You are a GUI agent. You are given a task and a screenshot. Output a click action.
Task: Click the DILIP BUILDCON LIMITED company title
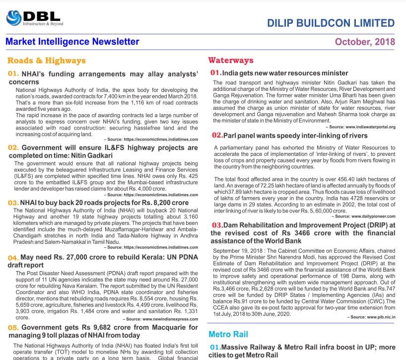[x=331, y=23]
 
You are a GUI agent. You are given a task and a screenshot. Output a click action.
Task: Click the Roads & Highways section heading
[x=46, y=61]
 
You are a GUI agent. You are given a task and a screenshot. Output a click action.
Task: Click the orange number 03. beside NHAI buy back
[x=13, y=203]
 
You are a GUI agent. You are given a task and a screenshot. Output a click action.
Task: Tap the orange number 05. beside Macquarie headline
[x=13, y=328]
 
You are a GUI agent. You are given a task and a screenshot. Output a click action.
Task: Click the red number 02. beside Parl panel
[x=217, y=135]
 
